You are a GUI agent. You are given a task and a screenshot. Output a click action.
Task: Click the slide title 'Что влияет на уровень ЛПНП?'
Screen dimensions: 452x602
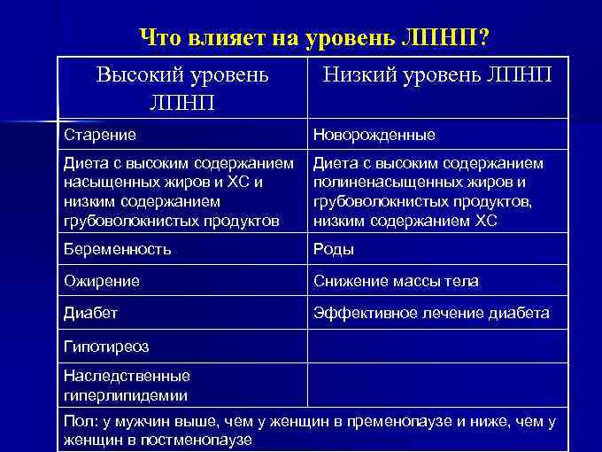(x=317, y=38)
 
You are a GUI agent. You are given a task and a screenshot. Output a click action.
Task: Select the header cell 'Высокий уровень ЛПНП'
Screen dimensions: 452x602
(x=181, y=90)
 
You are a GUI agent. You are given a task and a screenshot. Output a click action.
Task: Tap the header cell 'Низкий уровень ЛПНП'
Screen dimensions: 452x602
(x=437, y=75)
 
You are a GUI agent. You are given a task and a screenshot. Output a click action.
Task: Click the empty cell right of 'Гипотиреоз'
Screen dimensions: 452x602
(x=436, y=345)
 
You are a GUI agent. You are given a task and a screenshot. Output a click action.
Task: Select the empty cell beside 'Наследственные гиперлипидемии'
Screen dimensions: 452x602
(x=436, y=385)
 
